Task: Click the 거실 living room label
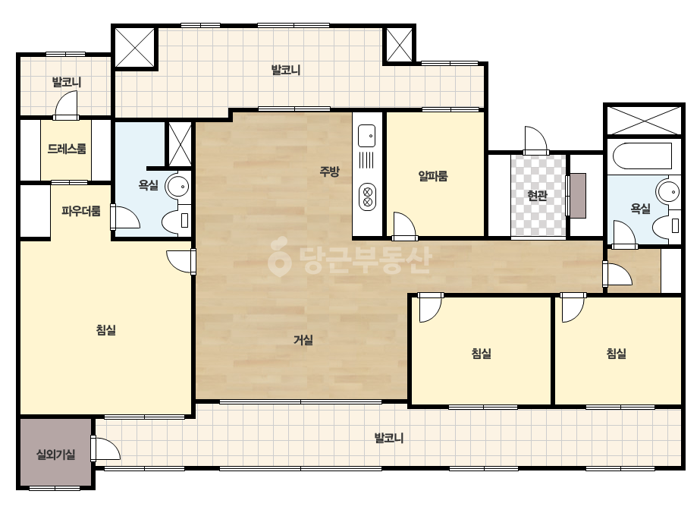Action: (303, 341)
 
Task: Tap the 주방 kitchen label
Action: (329, 172)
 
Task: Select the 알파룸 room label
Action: (432, 175)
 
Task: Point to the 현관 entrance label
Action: (537, 196)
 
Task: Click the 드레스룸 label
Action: (67, 148)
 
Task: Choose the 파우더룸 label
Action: (81, 210)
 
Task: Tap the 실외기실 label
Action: (56, 455)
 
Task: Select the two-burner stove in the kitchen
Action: (367, 197)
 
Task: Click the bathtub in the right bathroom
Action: (642, 156)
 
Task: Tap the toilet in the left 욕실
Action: (177, 221)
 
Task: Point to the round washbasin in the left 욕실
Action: (178, 187)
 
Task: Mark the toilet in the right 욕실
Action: (667, 226)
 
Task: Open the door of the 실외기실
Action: (106, 448)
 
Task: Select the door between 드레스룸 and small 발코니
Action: (66, 105)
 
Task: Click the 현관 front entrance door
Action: (536, 140)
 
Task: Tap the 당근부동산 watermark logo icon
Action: (279, 256)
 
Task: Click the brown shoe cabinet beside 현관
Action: (578, 196)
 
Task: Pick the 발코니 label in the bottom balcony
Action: (389, 438)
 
